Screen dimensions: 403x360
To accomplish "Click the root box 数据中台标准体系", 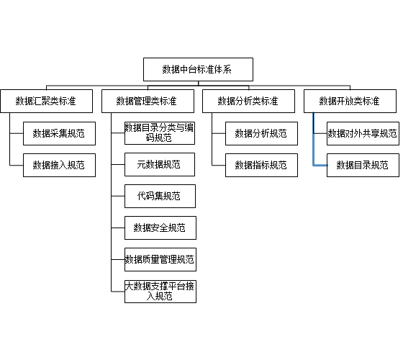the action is (198, 69).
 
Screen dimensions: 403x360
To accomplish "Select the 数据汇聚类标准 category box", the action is (47, 101).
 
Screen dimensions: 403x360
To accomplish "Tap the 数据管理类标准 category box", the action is (148, 101).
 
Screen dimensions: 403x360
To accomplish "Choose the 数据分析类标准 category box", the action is (248, 101).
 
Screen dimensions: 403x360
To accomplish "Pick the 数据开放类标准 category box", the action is (350, 101).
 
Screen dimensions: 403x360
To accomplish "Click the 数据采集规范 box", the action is (59, 133).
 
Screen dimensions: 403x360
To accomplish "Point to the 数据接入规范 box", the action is (59, 165).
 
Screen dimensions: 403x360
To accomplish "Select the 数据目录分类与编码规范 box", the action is (160, 133).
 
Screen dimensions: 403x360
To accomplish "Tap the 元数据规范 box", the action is (160, 165).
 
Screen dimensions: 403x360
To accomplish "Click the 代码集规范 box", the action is (160, 196).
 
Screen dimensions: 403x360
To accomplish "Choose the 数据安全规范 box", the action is (160, 228).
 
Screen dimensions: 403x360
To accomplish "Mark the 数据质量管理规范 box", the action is (160, 259).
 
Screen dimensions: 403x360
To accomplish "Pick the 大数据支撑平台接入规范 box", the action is (160, 292).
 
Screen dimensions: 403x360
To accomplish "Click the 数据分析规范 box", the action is (262, 133).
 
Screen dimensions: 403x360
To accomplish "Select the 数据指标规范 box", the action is (262, 165).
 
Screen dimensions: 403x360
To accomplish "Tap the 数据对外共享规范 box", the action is (363, 133).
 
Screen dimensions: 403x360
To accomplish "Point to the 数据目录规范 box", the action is (363, 165).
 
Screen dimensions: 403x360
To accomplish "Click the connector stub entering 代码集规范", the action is (118, 196).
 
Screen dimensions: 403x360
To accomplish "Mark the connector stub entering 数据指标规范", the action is (219, 165).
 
